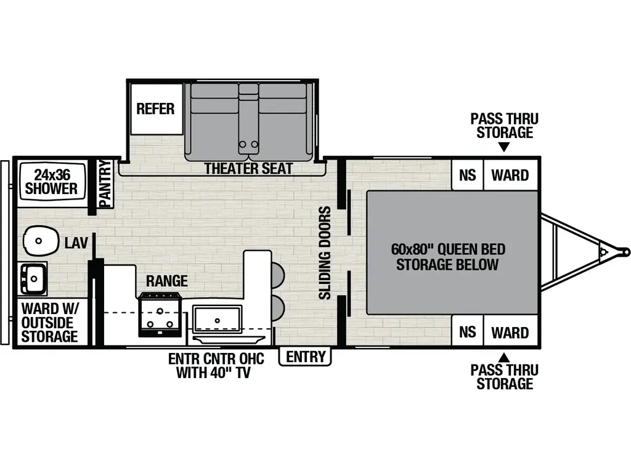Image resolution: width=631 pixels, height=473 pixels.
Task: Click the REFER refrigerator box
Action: (x=157, y=108)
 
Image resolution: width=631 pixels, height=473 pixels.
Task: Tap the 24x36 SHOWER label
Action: (x=51, y=182)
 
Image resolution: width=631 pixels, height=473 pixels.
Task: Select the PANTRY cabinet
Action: (x=105, y=184)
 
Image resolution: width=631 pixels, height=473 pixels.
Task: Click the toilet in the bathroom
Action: (x=41, y=241)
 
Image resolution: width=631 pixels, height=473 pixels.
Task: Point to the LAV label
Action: (x=76, y=243)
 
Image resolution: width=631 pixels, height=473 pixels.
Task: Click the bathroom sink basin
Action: (x=33, y=278)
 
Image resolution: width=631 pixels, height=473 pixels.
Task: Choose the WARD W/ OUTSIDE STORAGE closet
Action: (x=50, y=322)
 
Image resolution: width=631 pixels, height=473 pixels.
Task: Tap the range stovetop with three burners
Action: (x=160, y=315)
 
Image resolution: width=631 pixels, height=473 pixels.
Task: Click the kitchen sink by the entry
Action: (x=218, y=320)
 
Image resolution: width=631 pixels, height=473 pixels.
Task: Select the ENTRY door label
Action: (x=306, y=357)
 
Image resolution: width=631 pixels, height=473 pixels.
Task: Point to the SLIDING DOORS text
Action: (x=325, y=253)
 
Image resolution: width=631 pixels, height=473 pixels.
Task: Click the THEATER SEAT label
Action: (x=248, y=168)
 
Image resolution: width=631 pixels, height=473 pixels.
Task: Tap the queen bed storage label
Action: (x=448, y=257)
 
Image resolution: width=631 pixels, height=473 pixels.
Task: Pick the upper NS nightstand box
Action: (x=467, y=175)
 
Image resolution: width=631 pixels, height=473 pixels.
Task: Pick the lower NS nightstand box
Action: (x=467, y=332)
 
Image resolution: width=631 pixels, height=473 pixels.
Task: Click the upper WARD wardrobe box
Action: (x=510, y=175)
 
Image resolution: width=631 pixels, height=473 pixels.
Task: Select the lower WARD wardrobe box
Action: (x=510, y=332)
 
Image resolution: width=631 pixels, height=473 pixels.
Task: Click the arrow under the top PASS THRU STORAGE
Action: (x=504, y=148)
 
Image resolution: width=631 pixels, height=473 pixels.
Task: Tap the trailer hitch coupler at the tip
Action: (x=625, y=252)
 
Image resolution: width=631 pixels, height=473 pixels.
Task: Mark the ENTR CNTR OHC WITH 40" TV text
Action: (x=216, y=365)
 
